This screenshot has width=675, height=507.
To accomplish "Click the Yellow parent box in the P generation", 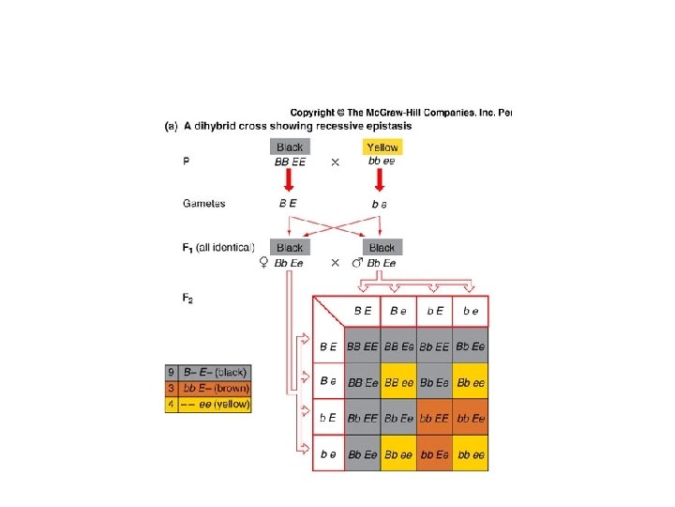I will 382,147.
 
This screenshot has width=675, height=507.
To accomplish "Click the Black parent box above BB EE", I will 290,147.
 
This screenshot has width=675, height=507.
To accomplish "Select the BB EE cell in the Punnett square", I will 362,346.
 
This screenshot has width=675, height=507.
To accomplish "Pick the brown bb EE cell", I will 434,417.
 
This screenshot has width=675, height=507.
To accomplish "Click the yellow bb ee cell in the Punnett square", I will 471,454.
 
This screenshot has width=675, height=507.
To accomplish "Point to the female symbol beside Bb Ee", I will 263,264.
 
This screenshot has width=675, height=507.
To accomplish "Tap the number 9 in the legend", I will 172,372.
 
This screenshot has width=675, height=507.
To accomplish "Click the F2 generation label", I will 187,299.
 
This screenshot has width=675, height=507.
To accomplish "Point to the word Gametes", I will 203,203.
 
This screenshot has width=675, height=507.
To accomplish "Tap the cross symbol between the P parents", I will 336,162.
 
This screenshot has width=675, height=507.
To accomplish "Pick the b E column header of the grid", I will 435,311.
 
